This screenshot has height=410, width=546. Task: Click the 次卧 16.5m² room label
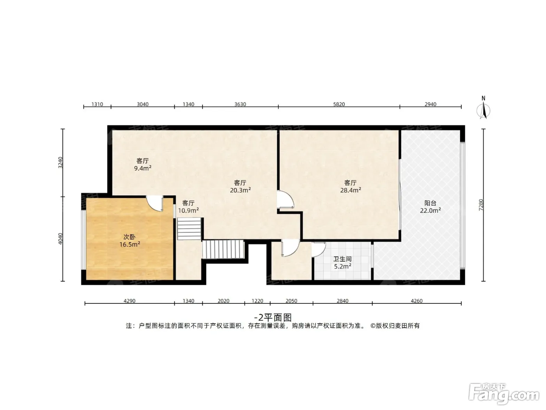pyautogui.click(x=129, y=241)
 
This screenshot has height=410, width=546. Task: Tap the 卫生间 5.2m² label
pyautogui.click(x=342, y=263)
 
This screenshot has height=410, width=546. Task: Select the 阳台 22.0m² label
pyautogui.click(x=430, y=207)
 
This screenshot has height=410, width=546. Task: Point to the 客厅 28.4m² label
pyautogui.click(x=351, y=187)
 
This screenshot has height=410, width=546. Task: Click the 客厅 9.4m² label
pyautogui.click(x=143, y=164)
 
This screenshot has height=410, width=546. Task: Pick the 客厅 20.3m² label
pyautogui.click(x=240, y=187)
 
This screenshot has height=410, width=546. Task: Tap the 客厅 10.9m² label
pyautogui.click(x=188, y=207)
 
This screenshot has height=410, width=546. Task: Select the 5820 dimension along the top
pyautogui.click(x=339, y=104)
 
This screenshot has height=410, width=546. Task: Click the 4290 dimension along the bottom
pyautogui.click(x=129, y=301)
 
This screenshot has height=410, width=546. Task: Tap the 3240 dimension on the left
pyautogui.click(x=60, y=162)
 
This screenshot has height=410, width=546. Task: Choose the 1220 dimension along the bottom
pyautogui.click(x=257, y=301)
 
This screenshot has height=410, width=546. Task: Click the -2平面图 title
pyautogui.click(x=273, y=317)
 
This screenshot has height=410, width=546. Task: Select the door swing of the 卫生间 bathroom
pyautogui.click(x=319, y=250)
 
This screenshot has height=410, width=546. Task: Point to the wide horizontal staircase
pyautogui.click(x=223, y=249)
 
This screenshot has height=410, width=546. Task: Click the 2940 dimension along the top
pyautogui.click(x=430, y=104)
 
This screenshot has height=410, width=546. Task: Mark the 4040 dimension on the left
pyautogui.click(x=60, y=239)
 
